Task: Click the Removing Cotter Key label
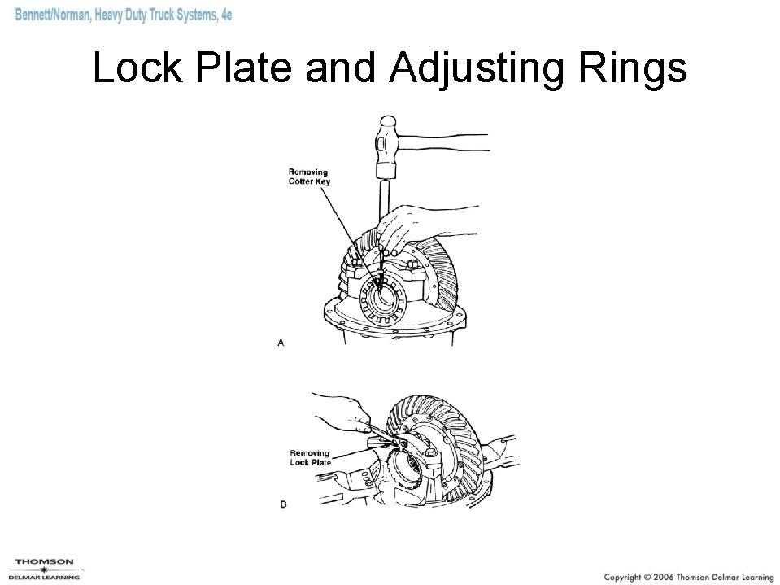click(308, 176)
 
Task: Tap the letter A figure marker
click(281, 343)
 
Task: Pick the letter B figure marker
click(283, 504)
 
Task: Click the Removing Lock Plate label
click(310, 457)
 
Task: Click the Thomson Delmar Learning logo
click(45, 567)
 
